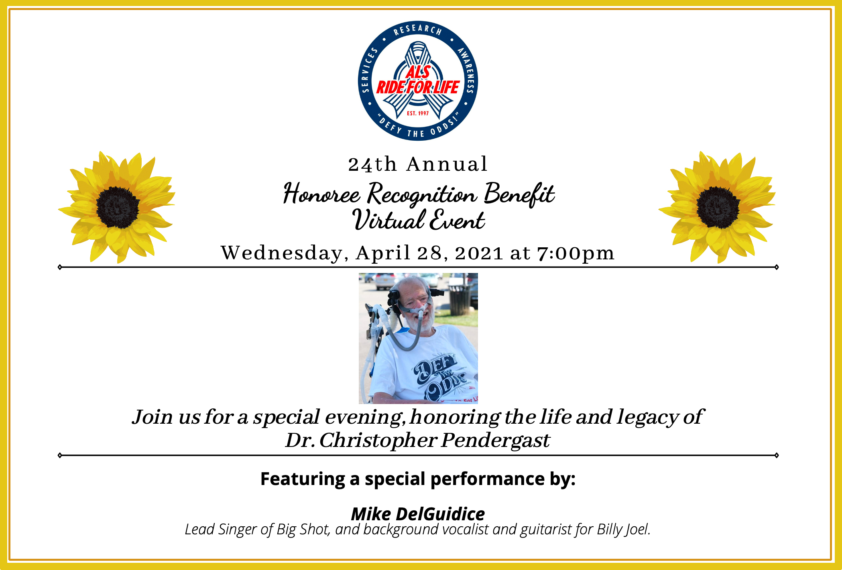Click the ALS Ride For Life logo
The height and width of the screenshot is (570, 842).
click(418, 81)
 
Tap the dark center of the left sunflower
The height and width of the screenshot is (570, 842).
click(118, 207)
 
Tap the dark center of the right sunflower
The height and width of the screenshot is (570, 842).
click(718, 207)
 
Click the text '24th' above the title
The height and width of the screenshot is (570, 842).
click(372, 164)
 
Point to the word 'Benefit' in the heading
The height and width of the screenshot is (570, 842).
click(519, 194)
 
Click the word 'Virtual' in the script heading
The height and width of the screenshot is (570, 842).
click(388, 220)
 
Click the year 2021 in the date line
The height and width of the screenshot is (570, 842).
click(479, 253)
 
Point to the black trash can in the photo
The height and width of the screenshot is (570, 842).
click(461, 299)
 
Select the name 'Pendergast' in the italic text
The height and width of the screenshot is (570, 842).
click(496, 441)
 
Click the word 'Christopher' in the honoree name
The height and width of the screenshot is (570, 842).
click(378, 441)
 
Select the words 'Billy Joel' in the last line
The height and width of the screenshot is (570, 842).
click(623, 530)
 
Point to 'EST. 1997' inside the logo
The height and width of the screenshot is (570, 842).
click(418, 113)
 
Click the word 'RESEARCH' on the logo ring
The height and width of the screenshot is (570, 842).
click(418, 30)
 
